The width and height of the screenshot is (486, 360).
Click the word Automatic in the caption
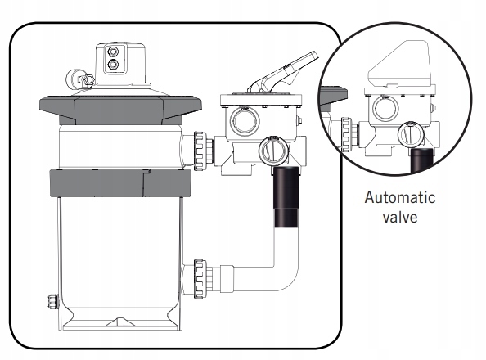point(400,197)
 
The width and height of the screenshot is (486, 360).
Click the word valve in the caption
point(400,217)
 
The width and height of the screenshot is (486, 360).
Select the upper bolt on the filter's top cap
point(112,51)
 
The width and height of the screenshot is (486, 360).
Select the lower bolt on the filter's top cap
point(112,64)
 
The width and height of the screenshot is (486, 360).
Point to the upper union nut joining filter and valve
point(200,151)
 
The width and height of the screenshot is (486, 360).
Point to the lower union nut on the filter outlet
point(200,279)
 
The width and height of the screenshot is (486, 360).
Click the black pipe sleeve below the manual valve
point(286,197)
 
